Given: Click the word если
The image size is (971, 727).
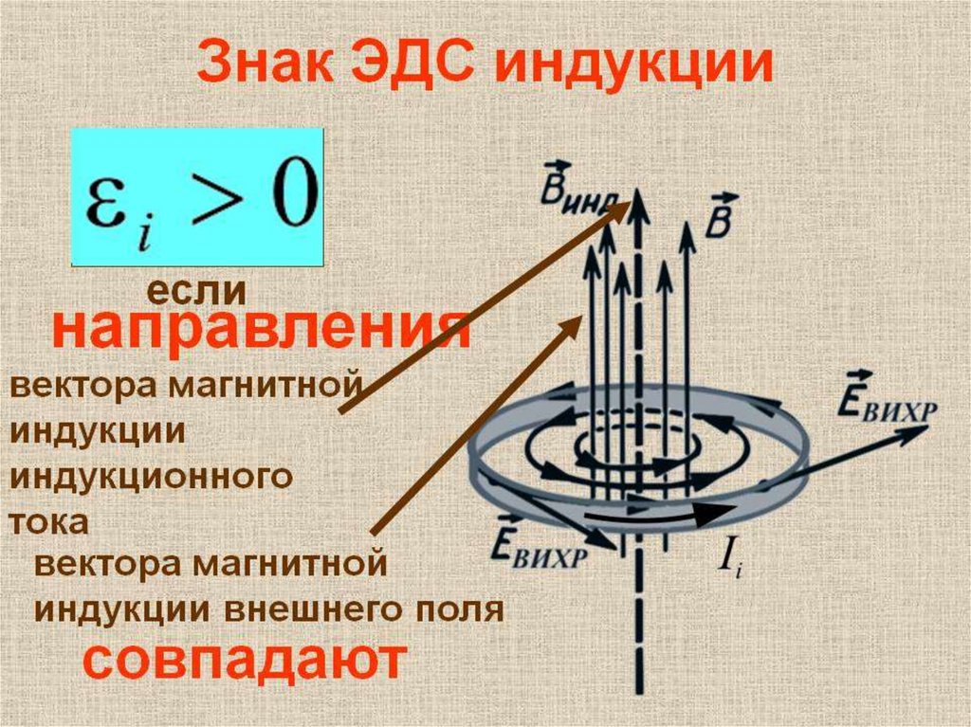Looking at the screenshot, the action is (194, 289).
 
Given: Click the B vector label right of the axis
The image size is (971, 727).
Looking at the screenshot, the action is (724, 212).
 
